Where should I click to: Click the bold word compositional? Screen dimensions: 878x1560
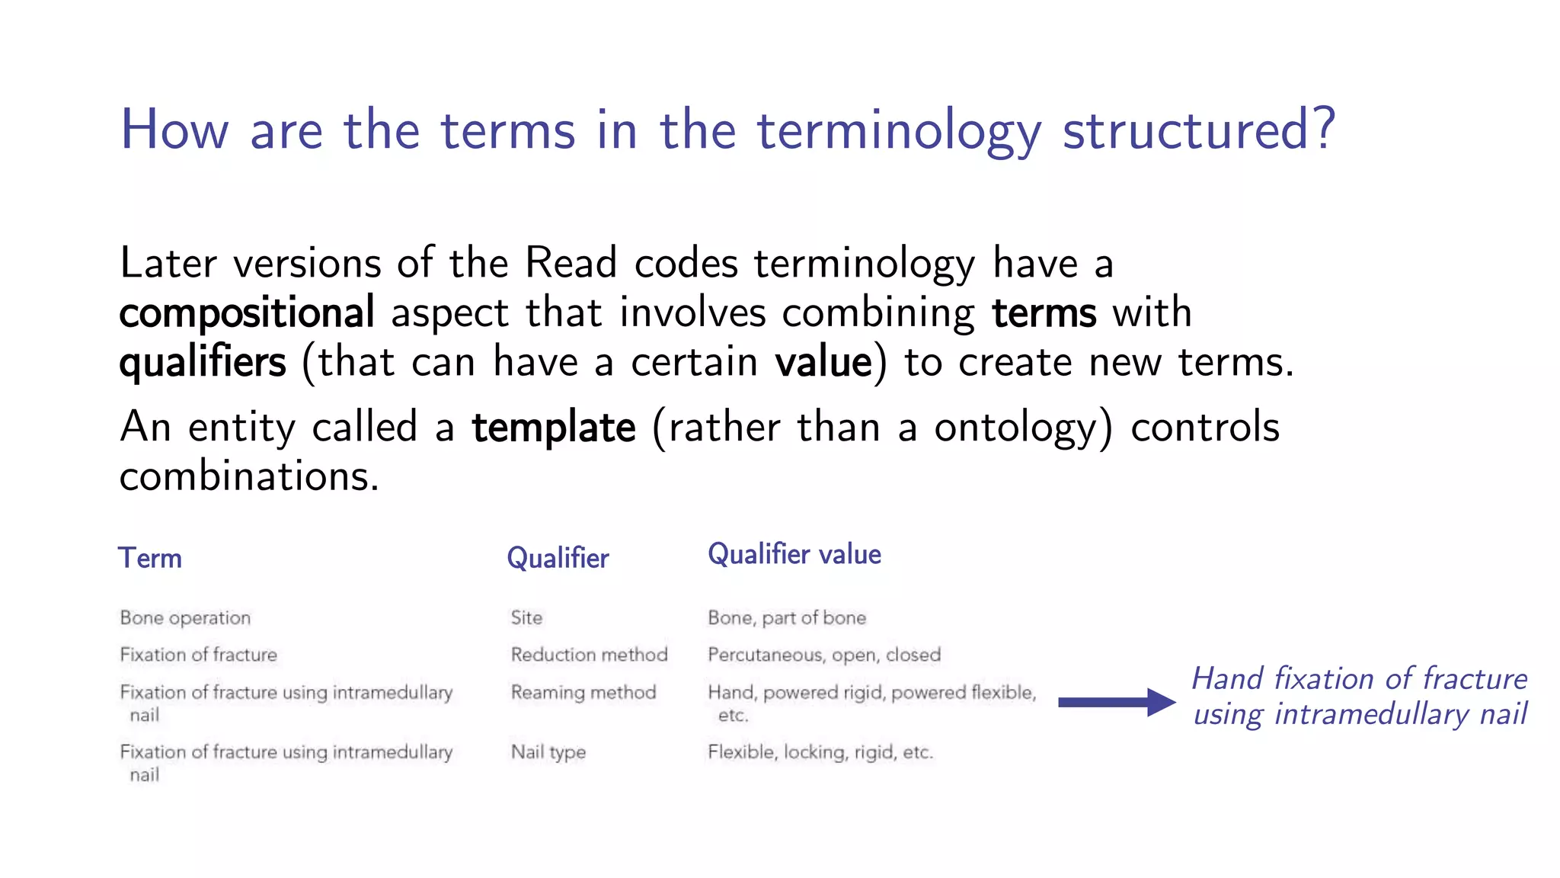coord(247,312)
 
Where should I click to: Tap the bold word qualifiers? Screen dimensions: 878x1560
coord(203,362)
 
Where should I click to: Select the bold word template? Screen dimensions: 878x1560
coord(554,427)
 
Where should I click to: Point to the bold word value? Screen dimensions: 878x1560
coord(823,362)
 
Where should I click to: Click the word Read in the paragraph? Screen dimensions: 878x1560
coord(571,263)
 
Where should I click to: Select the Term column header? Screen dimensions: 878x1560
coord(150,558)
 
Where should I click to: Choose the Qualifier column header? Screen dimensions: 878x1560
coord(558,558)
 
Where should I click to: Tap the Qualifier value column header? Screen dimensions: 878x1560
coord(794,554)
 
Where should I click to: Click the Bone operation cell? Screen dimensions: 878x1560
coord(185,617)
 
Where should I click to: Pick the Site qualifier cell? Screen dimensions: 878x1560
coord(526,617)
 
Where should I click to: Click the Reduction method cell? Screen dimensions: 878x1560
coord(589,655)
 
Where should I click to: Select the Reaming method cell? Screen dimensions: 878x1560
coord(583,692)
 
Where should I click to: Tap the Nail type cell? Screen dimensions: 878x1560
coord(548,752)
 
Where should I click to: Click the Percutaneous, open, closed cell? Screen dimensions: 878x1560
coord(823,655)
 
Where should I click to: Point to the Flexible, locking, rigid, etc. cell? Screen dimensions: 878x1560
coord(820,752)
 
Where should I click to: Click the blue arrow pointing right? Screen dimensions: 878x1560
coord(1116,702)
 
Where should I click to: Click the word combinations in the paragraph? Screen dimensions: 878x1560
coord(248,476)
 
